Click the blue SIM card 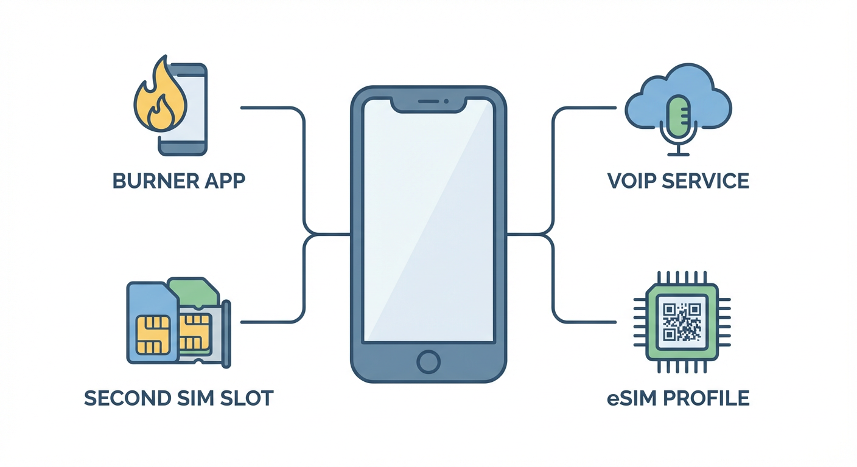151,322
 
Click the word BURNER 156,181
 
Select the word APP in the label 225,181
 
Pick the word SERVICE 710,181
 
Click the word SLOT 247,398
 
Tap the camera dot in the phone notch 446,101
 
